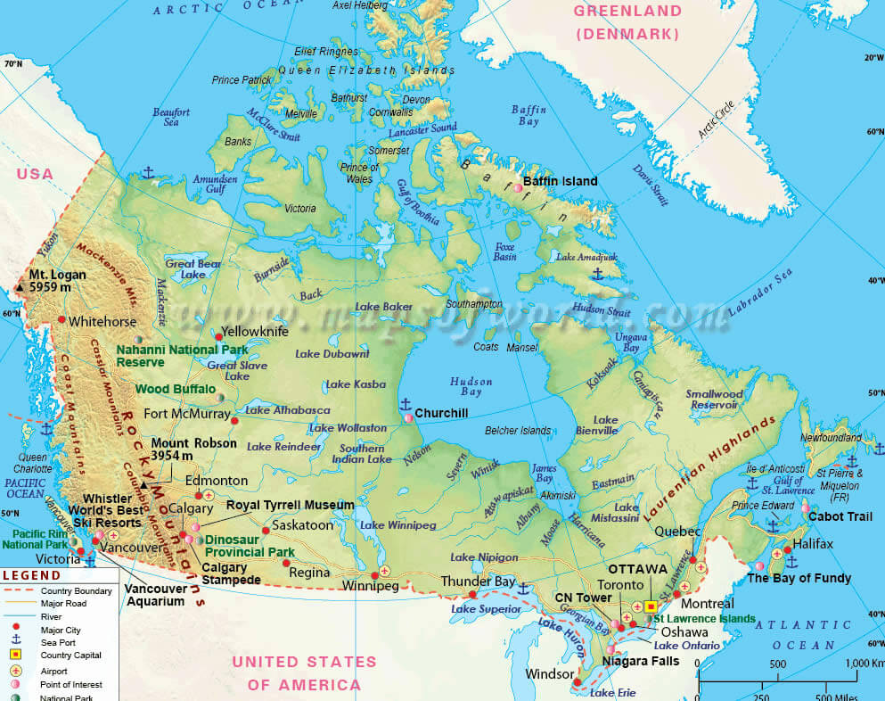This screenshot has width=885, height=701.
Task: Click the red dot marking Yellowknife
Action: [218, 336]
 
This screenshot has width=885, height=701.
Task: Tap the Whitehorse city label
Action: [102, 321]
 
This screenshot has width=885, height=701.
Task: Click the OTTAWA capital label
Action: [638, 569]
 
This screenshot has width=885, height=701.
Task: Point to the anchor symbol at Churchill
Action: [406, 404]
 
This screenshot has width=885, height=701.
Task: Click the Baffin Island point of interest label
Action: [560, 181]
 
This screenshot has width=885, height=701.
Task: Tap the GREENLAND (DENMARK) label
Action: [627, 22]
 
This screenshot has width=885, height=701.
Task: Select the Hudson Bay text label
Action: [471, 387]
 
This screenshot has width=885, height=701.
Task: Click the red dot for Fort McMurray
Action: [234, 420]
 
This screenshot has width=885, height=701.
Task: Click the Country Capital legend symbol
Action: [15, 656]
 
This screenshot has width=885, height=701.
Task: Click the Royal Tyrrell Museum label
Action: [291, 505]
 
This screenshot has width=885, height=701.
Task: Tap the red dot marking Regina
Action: [286, 563]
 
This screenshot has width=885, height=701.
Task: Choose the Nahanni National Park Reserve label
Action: [182, 356]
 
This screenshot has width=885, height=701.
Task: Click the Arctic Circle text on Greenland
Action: [717, 120]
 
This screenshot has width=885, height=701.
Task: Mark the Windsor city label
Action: [550, 673]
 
